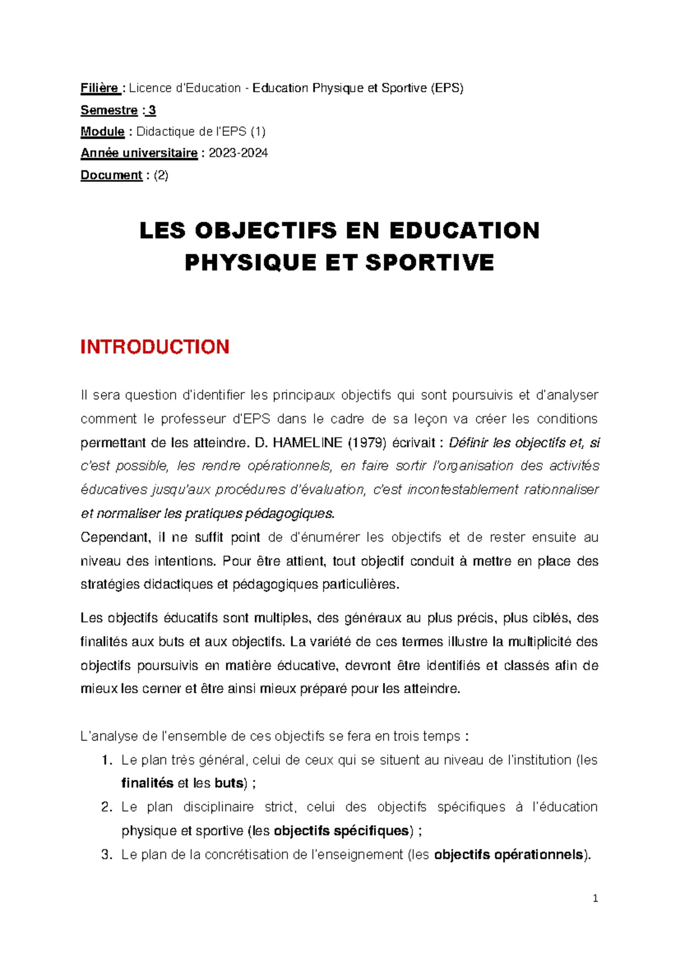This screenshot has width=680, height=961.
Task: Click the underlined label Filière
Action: click(x=99, y=88)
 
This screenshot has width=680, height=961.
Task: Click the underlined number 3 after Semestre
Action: click(x=152, y=110)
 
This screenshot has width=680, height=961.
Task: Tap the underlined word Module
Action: click(x=102, y=131)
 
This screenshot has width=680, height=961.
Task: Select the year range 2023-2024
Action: click(x=238, y=153)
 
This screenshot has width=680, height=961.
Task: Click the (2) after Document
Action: click(x=161, y=175)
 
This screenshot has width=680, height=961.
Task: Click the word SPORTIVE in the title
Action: click(x=430, y=263)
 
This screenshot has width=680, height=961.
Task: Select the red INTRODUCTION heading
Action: click(x=155, y=347)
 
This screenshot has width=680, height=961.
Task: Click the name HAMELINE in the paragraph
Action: click(x=307, y=443)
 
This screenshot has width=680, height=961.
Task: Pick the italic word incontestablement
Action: click(x=462, y=490)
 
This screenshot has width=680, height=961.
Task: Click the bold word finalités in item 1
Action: click(x=147, y=783)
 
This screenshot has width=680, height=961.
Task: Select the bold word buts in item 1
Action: click(x=229, y=783)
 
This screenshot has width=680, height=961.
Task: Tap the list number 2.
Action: click(x=107, y=807)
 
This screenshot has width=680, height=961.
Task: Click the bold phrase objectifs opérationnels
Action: click(x=508, y=854)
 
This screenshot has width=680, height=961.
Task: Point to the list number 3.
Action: click(x=107, y=854)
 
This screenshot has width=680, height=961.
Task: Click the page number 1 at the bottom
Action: click(x=595, y=898)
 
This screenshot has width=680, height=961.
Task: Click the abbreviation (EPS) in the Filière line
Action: click(x=447, y=88)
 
